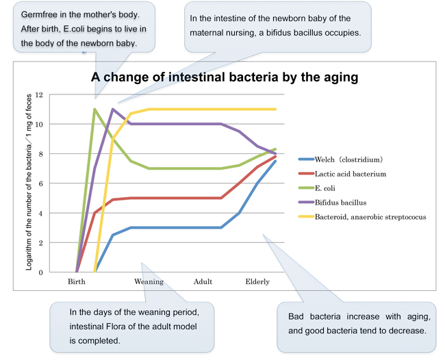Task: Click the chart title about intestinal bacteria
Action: coord(225,77)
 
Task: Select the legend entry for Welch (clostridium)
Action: coord(340,159)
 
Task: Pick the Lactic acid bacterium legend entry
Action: coord(342,174)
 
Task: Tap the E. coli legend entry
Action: coord(317,188)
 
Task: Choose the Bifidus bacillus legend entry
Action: coord(332,203)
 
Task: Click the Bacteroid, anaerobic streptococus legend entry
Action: coord(362,217)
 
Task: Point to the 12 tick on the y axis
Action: coord(39,94)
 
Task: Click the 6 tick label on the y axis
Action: coord(40,183)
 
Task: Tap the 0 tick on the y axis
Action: coord(40,272)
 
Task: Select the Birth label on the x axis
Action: coord(77,281)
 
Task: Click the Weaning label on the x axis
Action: coord(149,282)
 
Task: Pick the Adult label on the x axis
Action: coord(203,281)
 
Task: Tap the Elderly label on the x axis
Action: coord(257,282)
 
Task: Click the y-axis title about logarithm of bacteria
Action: coord(29,182)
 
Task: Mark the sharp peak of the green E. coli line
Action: coord(94,109)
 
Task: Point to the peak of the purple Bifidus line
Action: coord(113,109)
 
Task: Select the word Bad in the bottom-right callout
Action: coord(296,316)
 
